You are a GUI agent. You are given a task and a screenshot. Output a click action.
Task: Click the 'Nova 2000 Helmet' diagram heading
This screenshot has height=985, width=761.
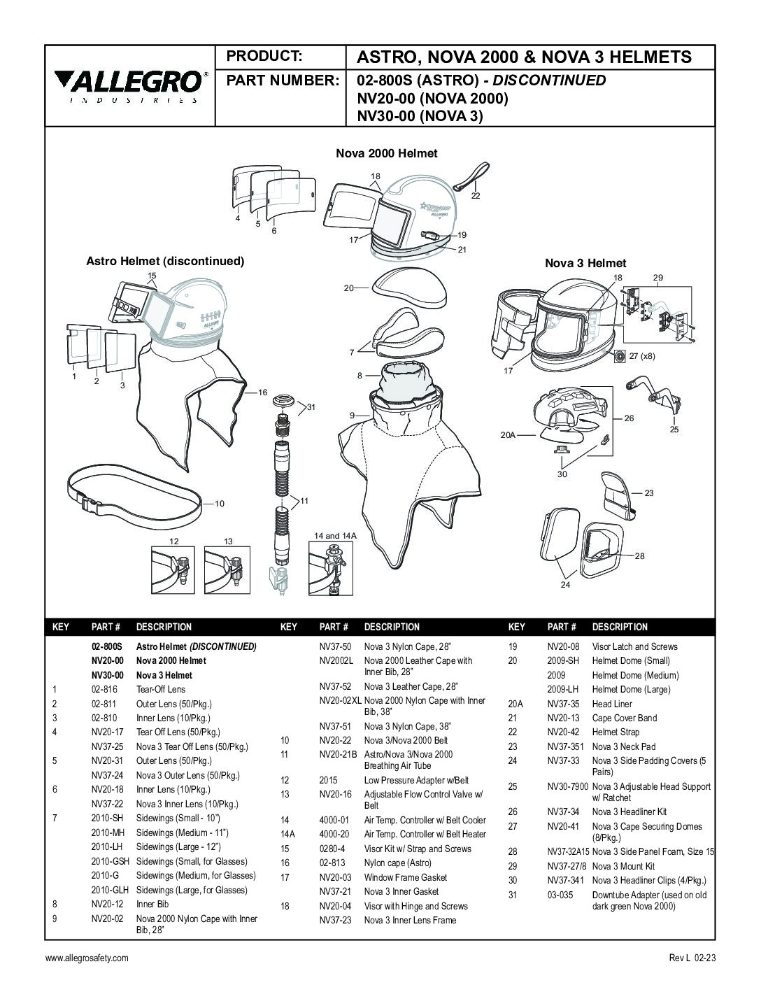pyautogui.click(x=386, y=153)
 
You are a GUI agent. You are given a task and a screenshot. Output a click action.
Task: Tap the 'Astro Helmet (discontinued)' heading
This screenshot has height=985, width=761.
pyautogui.click(x=164, y=261)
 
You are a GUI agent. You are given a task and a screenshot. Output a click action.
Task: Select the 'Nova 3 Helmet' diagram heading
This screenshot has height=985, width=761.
pyautogui.click(x=585, y=263)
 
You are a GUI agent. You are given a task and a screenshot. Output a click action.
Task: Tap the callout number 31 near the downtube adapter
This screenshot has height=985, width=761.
pyautogui.click(x=312, y=406)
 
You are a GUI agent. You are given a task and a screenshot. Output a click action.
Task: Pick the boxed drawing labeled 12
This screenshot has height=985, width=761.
pyautogui.click(x=173, y=569)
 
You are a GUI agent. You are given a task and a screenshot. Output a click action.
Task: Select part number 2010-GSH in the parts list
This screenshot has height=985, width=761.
pyautogui.click(x=110, y=861)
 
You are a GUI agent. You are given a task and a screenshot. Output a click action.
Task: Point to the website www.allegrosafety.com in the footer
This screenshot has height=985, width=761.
pyautogui.click(x=87, y=958)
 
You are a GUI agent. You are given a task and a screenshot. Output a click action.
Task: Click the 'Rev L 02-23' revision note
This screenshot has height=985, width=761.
pyautogui.click(x=692, y=958)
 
